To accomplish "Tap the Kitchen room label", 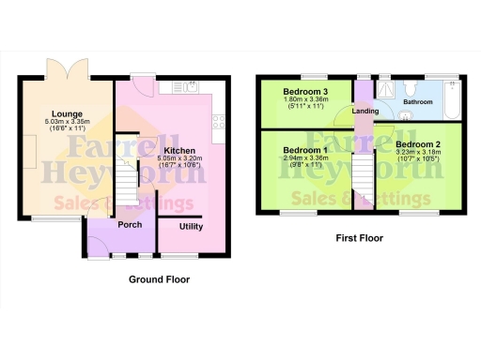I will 179,150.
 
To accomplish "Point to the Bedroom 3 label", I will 305,91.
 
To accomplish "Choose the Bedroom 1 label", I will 305,150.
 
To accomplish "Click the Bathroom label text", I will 418,99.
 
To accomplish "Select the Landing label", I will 365,112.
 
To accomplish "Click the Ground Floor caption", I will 159,279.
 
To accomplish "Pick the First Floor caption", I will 359,238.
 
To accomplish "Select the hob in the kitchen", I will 219,120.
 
